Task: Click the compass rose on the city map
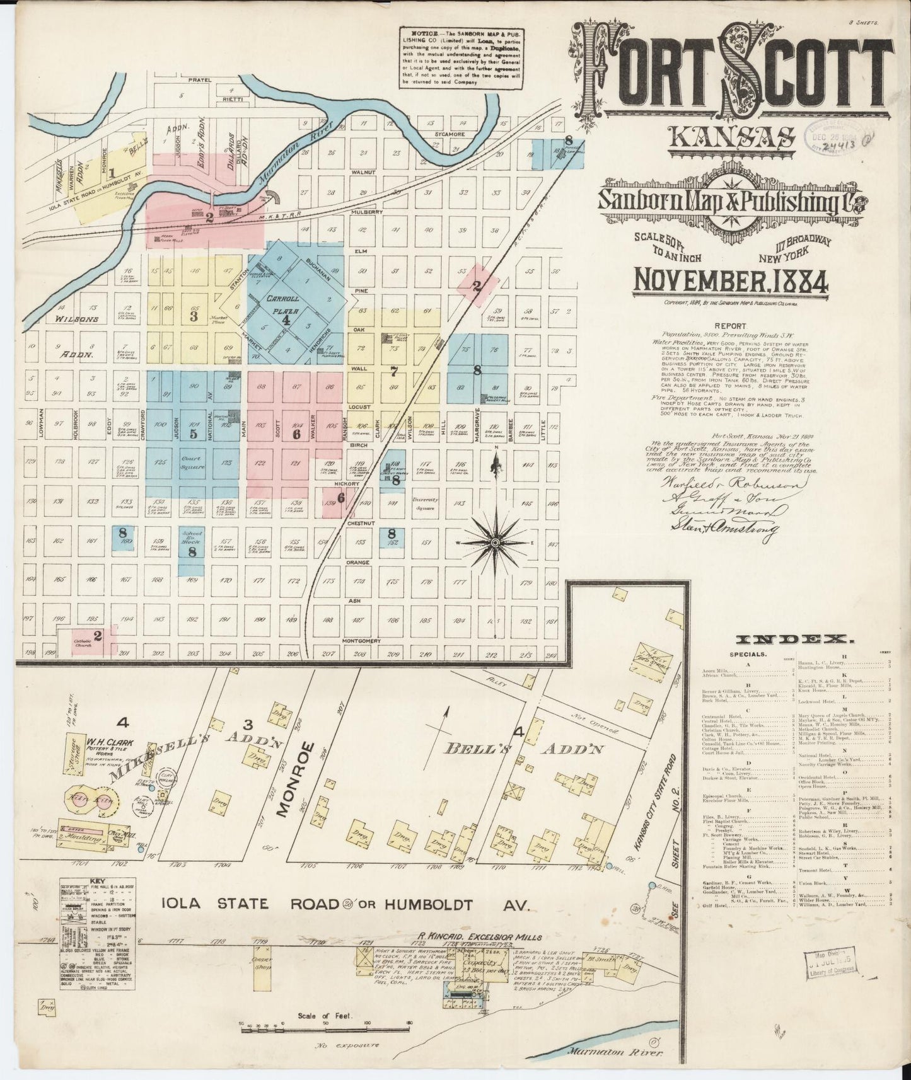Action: coord(496,541)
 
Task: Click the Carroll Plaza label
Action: coord(282,304)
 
